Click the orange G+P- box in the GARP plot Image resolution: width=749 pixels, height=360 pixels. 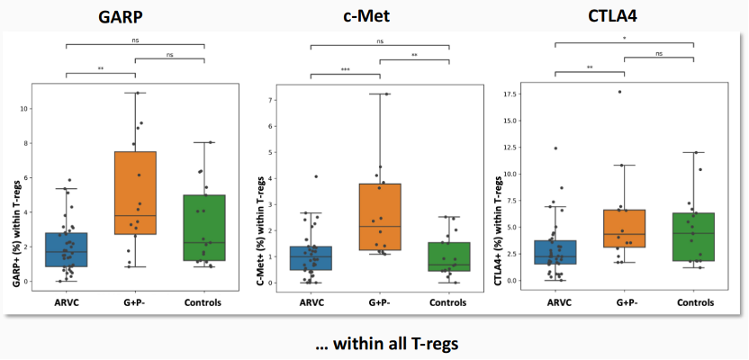tap(135, 193)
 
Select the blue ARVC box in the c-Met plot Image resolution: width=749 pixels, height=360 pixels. tap(310, 257)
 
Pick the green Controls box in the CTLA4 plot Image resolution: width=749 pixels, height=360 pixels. tap(694, 237)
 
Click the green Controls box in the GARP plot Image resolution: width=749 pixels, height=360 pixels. tap(204, 228)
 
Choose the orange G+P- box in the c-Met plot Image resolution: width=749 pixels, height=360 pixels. tap(379, 216)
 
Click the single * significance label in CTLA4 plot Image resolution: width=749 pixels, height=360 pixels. tap(624, 39)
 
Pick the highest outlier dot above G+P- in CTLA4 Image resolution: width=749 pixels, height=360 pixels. tap(619, 92)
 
